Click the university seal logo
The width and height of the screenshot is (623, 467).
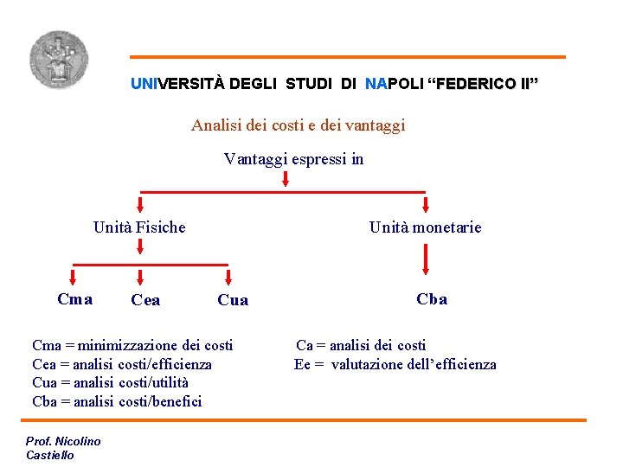[x=58, y=60]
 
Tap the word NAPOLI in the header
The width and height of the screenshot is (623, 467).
[x=395, y=84]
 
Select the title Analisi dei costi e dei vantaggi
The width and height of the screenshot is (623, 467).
[x=299, y=125]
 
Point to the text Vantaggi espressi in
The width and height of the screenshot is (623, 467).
[x=293, y=158]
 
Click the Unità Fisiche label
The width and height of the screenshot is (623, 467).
[x=139, y=227]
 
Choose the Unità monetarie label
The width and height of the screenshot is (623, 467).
[x=425, y=227]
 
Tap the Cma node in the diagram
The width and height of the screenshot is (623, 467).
[x=74, y=299]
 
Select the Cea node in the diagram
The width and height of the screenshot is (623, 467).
[x=145, y=300]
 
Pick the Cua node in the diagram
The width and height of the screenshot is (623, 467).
[x=233, y=300]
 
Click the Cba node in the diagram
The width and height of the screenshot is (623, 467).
[x=432, y=299]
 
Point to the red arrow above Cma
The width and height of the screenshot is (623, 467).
[x=73, y=277]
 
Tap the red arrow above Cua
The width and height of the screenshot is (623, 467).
[x=229, y=277]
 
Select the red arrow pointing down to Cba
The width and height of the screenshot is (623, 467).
[x=426, y=259]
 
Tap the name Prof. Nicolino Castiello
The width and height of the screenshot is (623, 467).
[x=63, y=448]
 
